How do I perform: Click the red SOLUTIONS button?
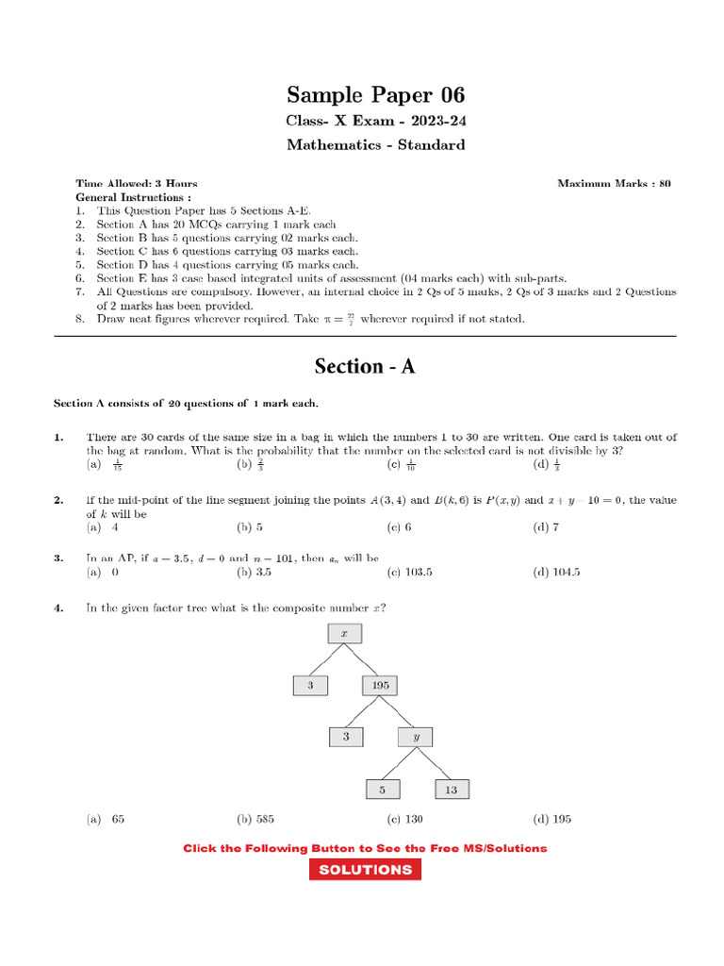(x=365, y=870)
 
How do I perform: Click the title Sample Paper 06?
(x=375, y=95)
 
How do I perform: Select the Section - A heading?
(x=365, y=366)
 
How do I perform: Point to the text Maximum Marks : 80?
(x=614, y=183)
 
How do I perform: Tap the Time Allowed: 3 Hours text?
(x=137, y=183)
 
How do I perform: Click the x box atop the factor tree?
(x=344, y=635)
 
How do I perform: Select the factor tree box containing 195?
(x=380, y=686)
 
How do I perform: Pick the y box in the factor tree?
(x=416, y=737)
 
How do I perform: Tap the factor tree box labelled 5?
(x=383, y=789)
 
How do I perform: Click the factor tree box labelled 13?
(x=452, y=789)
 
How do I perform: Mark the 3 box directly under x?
(x=310, y=686)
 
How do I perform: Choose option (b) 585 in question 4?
(x=255, y=819)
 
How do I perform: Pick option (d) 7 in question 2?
(x=546, y=527)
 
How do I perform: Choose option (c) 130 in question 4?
(x=404, y=819)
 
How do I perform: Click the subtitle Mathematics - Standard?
(x=375, y=145)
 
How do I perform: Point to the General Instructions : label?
(x=133, y=197)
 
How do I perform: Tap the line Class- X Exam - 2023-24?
(x=375, y=122)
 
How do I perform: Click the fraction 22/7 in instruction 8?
(x=351, y=319)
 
